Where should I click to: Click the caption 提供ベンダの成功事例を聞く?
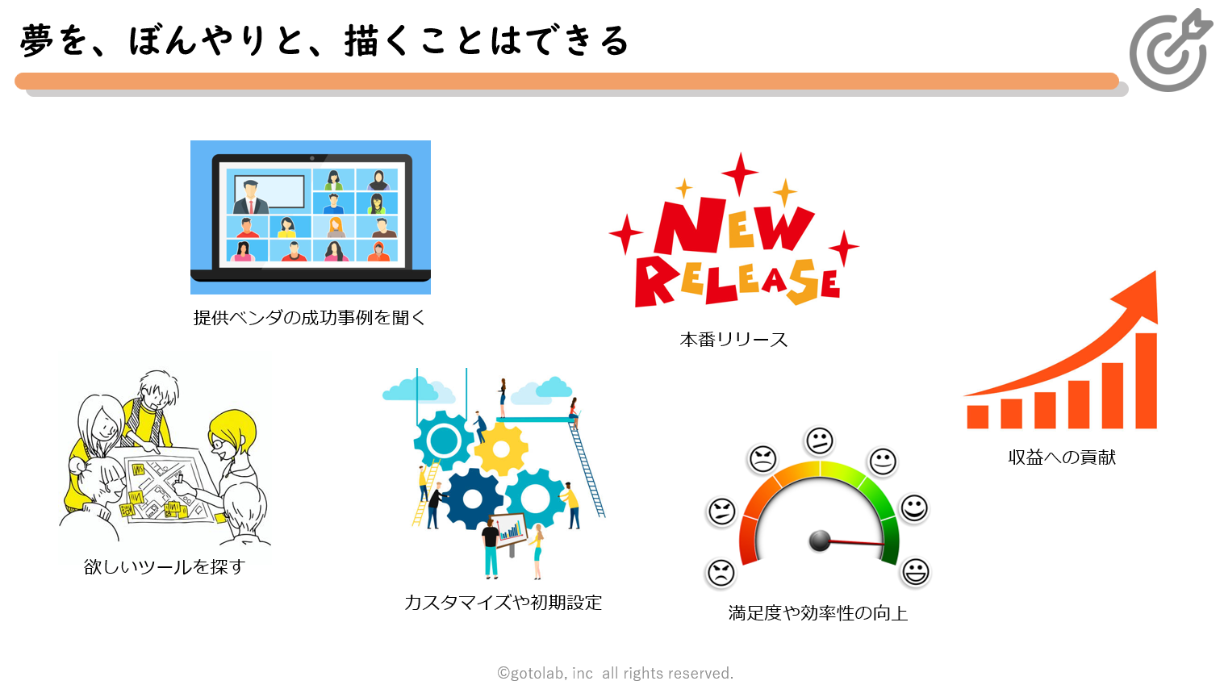[309, 318]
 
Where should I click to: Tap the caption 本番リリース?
[733, 340]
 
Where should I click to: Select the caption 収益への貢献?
[1062, 457]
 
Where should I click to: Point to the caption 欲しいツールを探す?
[165, 567]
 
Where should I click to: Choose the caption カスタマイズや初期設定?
[503, 603]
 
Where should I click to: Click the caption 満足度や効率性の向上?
[818, 613]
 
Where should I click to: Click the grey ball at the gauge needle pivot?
[819, 541]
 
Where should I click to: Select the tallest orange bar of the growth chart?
[1146, 381]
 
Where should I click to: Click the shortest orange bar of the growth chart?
[978, 417]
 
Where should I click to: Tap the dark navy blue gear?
[472, 499]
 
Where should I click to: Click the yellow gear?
[500, 449]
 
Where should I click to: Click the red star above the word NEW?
[740, 173]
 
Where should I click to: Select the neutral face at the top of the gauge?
[819, 441]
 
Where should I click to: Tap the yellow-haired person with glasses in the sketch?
[232, 442]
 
